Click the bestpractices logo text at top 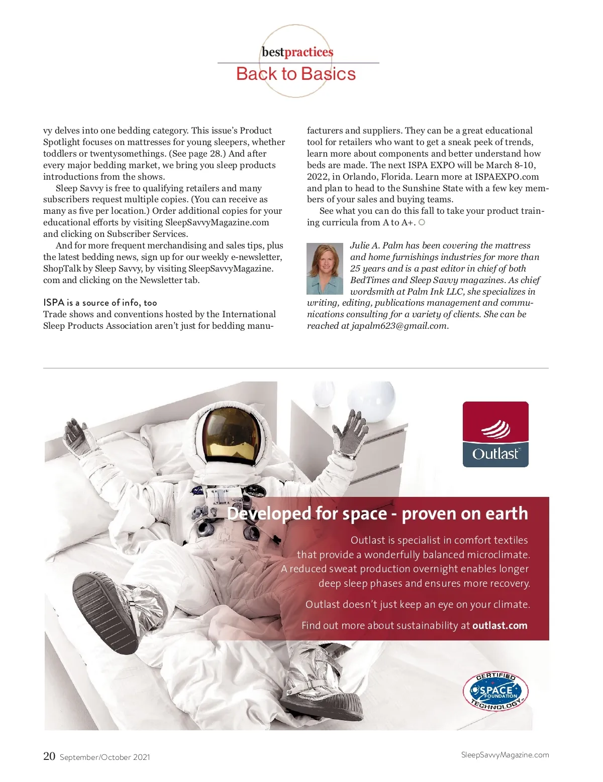[x=297, y=52]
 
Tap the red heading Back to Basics [x=296, y=74]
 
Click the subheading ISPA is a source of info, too [x=100, y=302]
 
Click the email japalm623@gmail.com [x=398, y=326]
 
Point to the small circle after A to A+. [x=422, y=222]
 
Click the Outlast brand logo [x=495, y=434]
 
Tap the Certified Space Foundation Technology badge [x=495, y=692]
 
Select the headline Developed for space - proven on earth [x=377, y=513]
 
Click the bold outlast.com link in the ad [x=499, y=625]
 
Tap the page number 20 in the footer [x=49, y=756]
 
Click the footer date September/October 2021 [x=105, y=757]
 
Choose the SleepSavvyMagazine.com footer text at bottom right [x=505, y=755]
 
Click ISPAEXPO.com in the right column [x=507, y=177]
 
